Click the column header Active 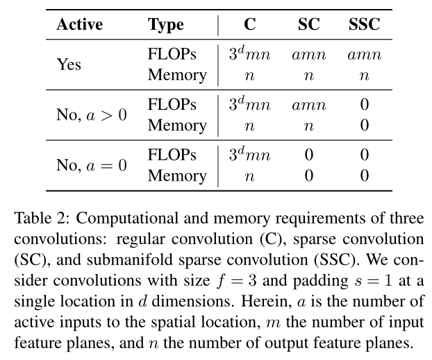pyautogui.click(x=79, y=25)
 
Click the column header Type pyautogui.click(x=166, y=25)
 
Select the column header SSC pyautogui.click(x=364, y=25)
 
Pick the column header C pyautogui.click(x=250, y=25)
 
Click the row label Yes pyautogui.click(x=68, y=65)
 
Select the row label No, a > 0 pyautogui.click(x=92, y=115)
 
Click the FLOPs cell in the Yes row pyautogui.click(x=172, y=55)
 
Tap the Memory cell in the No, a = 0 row pyautogui.click(x=176, y=176)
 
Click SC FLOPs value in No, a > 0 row pyautogui.click(x=308, y=106)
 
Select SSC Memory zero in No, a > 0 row pyautogui.click(x=364, y=125)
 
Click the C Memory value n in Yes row pyautogui.click(x=250, y=75)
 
